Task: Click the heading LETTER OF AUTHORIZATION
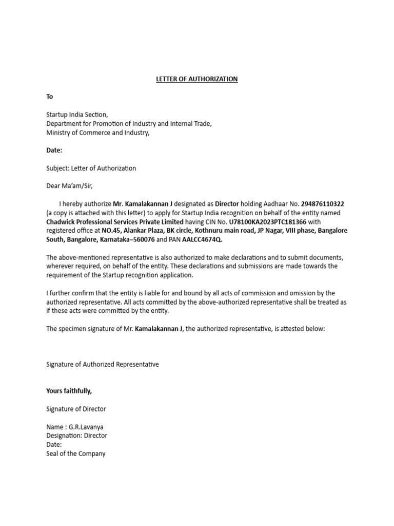pos(197,79)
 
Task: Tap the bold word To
pos(50,97)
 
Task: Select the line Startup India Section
pos(77,115)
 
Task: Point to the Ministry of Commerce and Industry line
pos(98,133)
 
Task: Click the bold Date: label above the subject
pos(54,151)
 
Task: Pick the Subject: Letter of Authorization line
pos(91,168)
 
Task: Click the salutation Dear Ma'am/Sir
pos(70,186)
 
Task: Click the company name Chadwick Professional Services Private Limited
pos(114,222)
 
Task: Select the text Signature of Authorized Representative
pos(103,364)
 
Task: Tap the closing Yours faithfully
pos(69,391)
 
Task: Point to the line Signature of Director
pos(76,409)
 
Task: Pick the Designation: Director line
pos(77,436)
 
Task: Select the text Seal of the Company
pos(76,454)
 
